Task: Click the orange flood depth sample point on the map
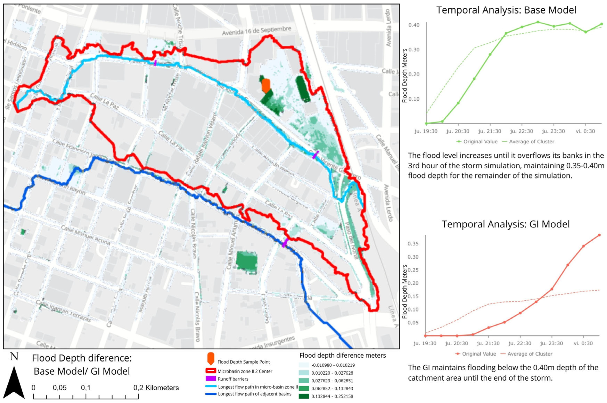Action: coord(266,86)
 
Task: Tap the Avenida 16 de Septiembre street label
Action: coord(256,31)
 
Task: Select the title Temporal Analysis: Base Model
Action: coord(506,10)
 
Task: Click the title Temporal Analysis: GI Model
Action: coord(505,224)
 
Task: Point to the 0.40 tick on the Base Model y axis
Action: coord(414,25)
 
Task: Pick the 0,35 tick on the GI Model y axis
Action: coord(413,243)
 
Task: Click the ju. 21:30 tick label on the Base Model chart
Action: coord(490,131)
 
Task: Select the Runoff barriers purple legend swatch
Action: coord(211,379)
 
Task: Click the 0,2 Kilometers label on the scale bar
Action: coord(156,388)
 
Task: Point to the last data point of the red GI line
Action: coord(599,235)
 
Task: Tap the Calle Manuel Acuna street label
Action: coord(86,235)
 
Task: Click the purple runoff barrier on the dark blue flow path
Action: coord(285,243)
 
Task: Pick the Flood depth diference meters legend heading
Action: coord(342,355)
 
